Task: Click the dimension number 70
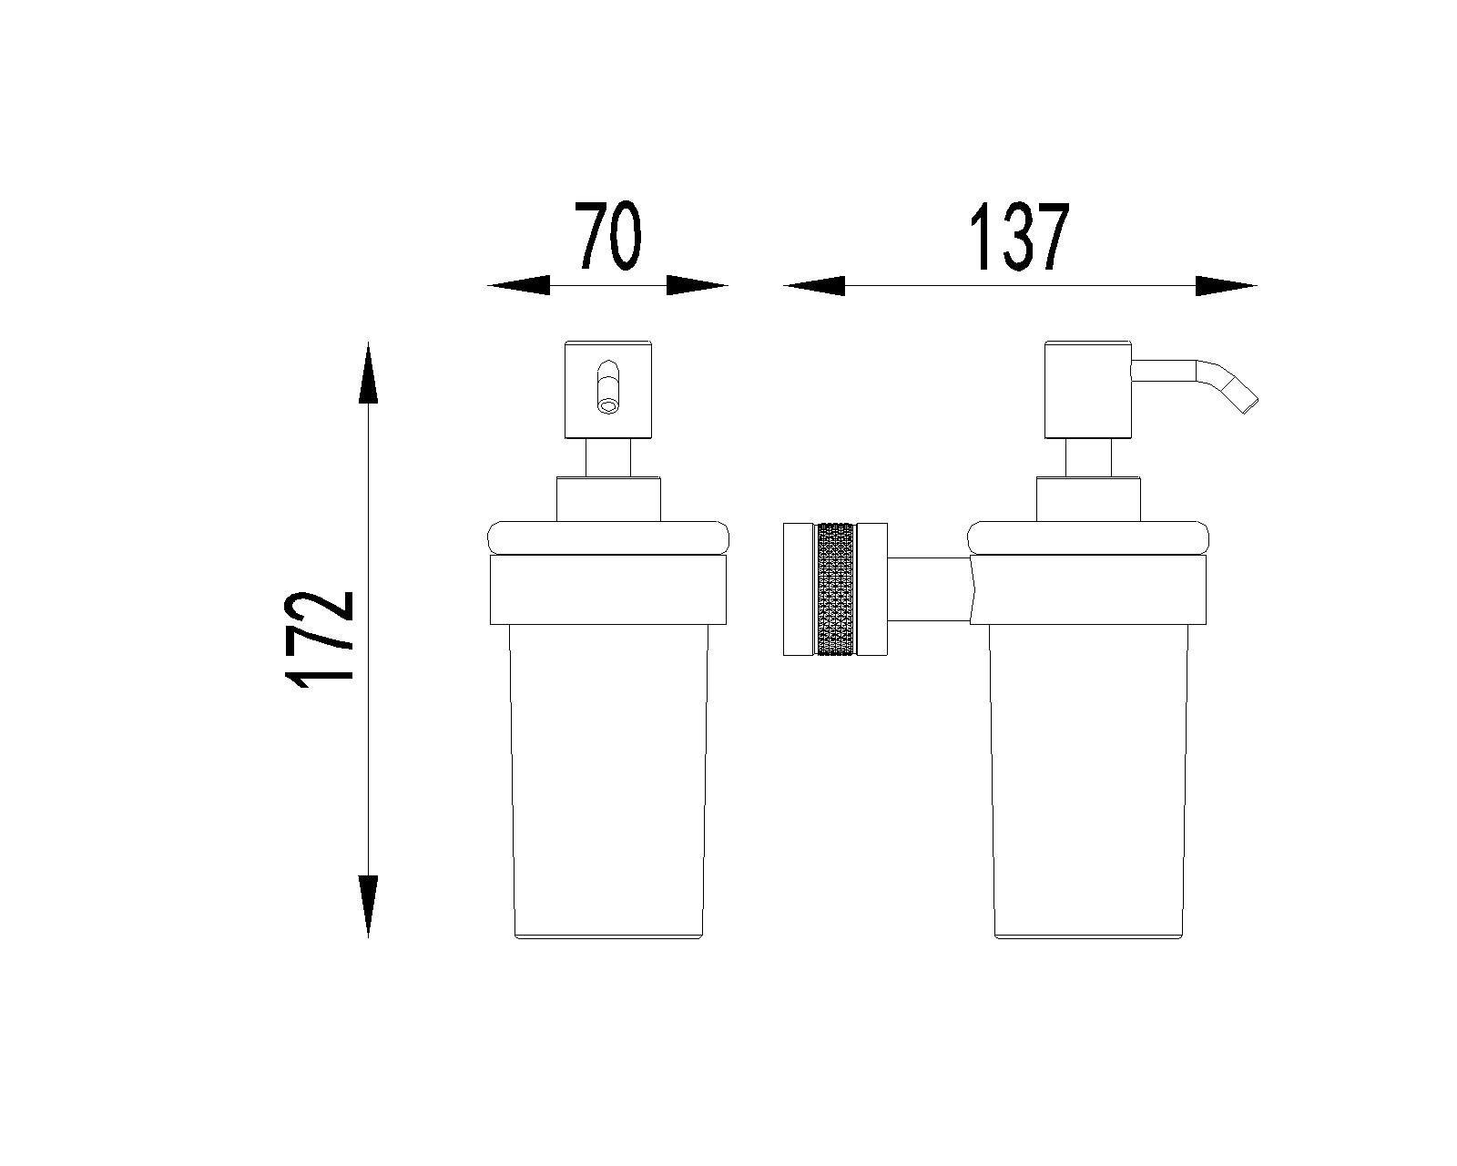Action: coord(607,236)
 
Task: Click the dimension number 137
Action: coord(1020,236)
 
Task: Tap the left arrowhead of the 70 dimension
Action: coord(519,285)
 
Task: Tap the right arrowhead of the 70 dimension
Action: coord(698,285)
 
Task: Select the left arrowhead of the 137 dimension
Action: coord(814,285)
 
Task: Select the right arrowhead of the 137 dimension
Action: coord(1226,285)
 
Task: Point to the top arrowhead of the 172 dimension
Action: coord(368,373)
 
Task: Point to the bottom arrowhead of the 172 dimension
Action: coord(368,906)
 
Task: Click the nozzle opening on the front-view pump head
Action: coord(608,406)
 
